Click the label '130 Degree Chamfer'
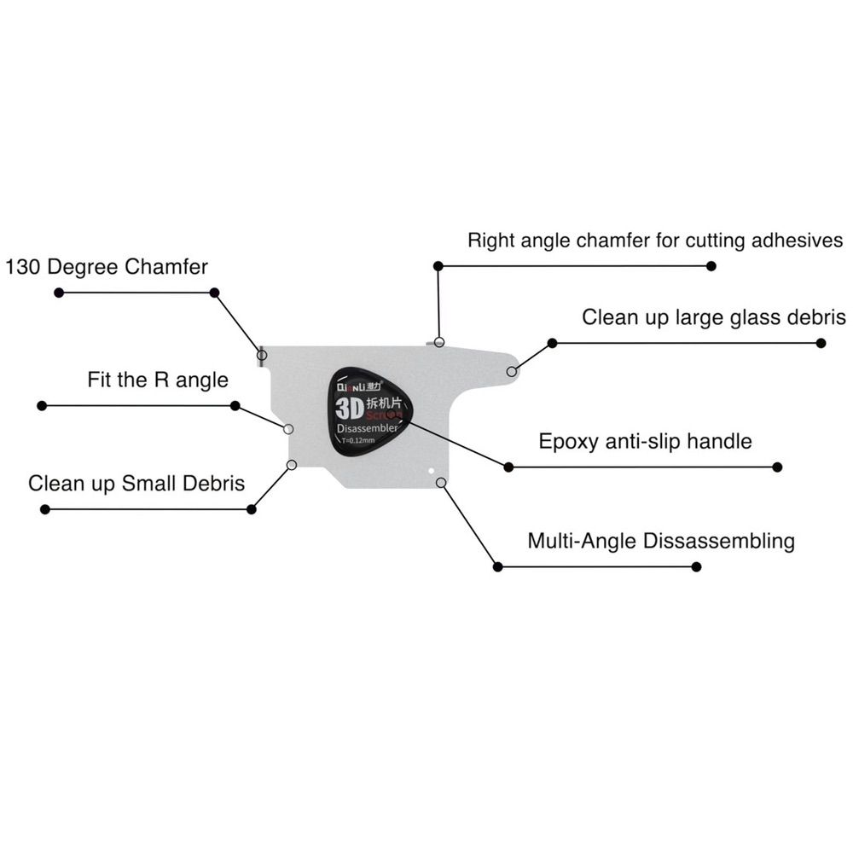pyautogui.click(x=107, y=266)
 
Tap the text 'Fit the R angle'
pyautogui.click(x=158, y=380)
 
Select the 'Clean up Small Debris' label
pyautogui.click(x=136, y=484)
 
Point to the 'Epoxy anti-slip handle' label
pyautogui.click(x=645, y=441)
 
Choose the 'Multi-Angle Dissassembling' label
pyautogui.click(x=661, y=541)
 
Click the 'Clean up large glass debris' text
pyautogui.click(x=714, y=317)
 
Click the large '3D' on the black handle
pyautogui.click(x=351, y=404)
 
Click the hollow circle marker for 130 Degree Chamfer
pyautogui.click(x=262, y=354)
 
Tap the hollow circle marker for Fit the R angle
pyautogui.click(x=288, y=429)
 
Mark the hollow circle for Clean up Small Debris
pyautogui.click(x=292, y=465)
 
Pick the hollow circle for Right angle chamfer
pyautogui.click(x=439, y=342)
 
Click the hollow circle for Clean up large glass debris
pyautogui.click(x=512, y=371)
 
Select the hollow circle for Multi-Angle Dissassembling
pyautogui.click(x=441, y=483)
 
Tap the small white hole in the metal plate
pyautogui.click(x=432, y=469)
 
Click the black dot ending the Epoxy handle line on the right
pyautogui.click(x=777, y=467)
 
